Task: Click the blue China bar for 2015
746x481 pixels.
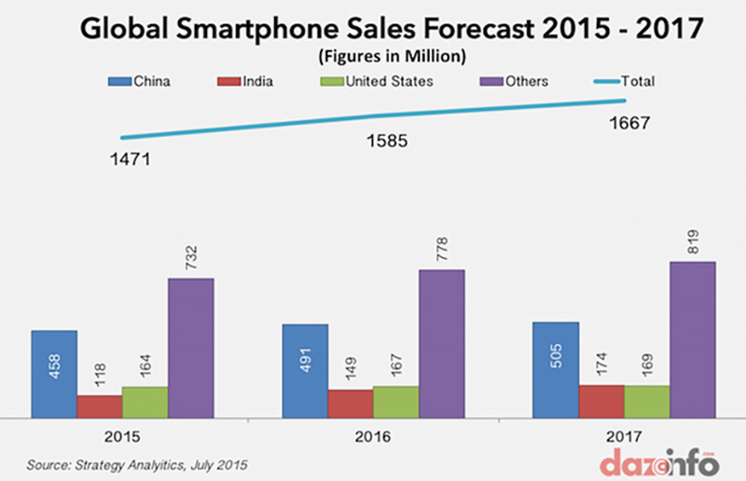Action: point(53,374)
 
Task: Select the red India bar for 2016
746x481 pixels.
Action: point(350,403)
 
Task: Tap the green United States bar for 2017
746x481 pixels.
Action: point(646,401)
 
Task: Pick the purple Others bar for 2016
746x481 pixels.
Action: point(441,343)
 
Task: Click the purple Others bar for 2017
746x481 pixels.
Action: point(692,339)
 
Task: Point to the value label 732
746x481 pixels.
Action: point(190,254)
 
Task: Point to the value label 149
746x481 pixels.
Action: point(350,366)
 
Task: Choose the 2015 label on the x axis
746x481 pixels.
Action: point(122,436)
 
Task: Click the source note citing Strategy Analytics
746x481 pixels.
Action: point(138,463)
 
